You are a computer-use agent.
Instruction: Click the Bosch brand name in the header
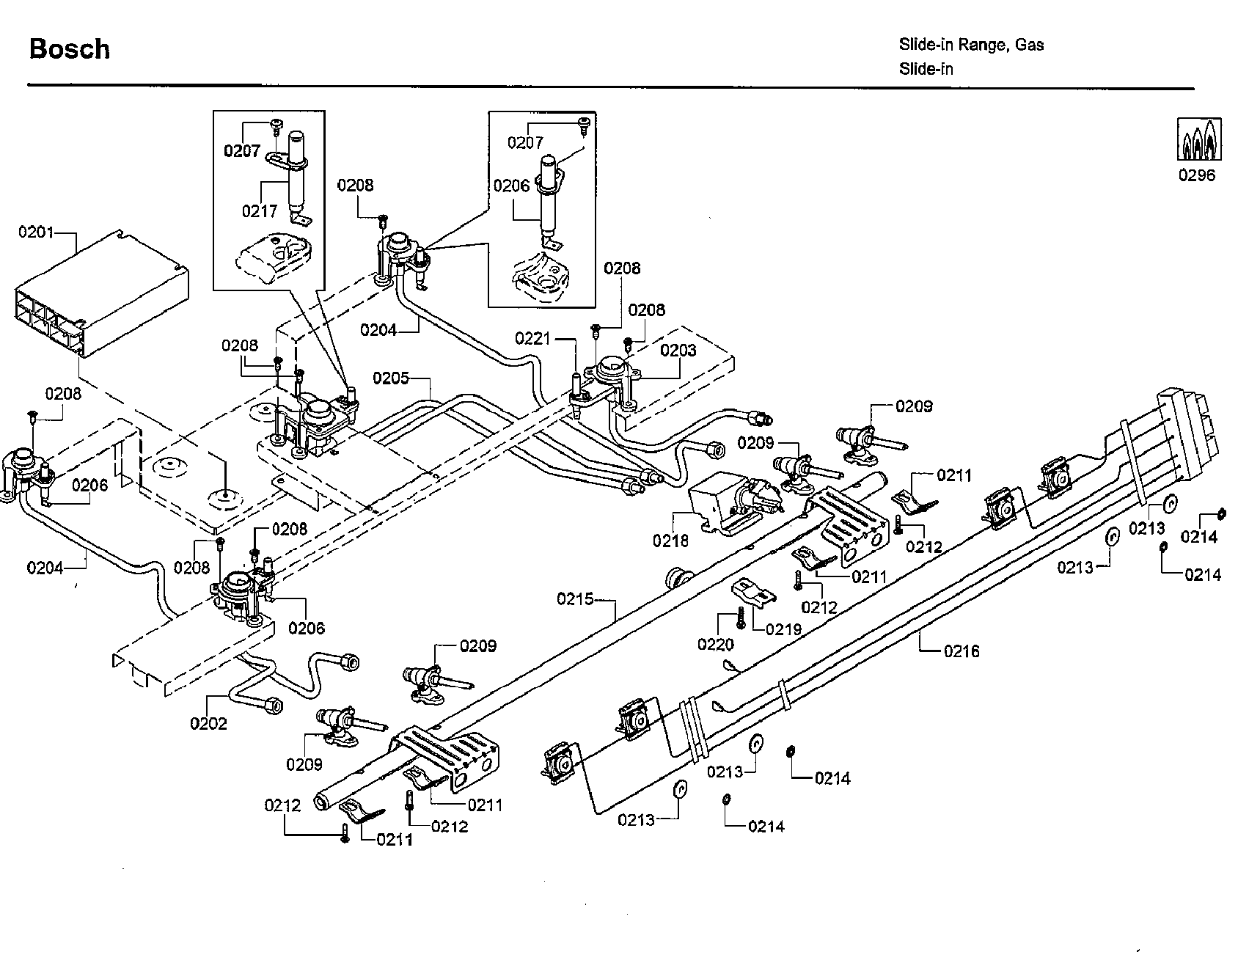[x=70, y=49]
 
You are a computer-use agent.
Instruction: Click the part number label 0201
[x=36, y=232]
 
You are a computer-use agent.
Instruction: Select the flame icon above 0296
[x=1198, y=139]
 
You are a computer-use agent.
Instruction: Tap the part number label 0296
[x=1197, y=175]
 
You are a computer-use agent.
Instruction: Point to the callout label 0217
[x=260, y=211]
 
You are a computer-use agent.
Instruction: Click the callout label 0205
[x=391, y=378]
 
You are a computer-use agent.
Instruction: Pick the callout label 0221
[x=532, y=338]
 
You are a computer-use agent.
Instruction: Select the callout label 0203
[x=678, y=350]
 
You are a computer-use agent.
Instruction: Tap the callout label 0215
[x=575, y=599]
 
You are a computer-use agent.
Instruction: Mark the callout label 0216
[x=962, y=651]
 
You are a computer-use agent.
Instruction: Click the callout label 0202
[x=208, y=723]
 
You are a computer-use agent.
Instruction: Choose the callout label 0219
[x=784, y=629]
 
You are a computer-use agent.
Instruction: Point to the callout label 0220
[x=715, y=644]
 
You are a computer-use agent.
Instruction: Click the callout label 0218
[x=671, y=541]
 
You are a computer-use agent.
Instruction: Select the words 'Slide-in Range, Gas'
[x=972, y=45]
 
